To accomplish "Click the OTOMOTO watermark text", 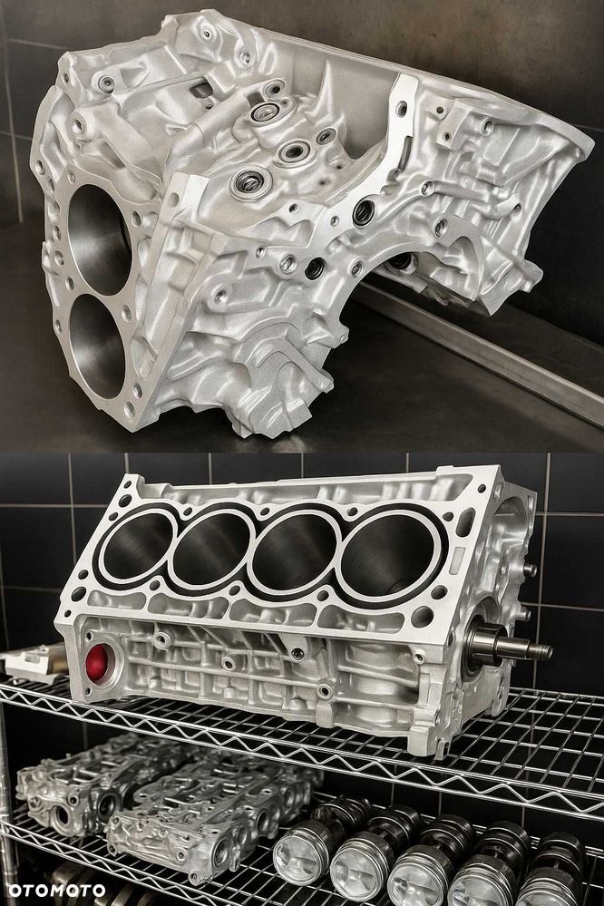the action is coord(56,891).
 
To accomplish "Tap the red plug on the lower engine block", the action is coord(96,662).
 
